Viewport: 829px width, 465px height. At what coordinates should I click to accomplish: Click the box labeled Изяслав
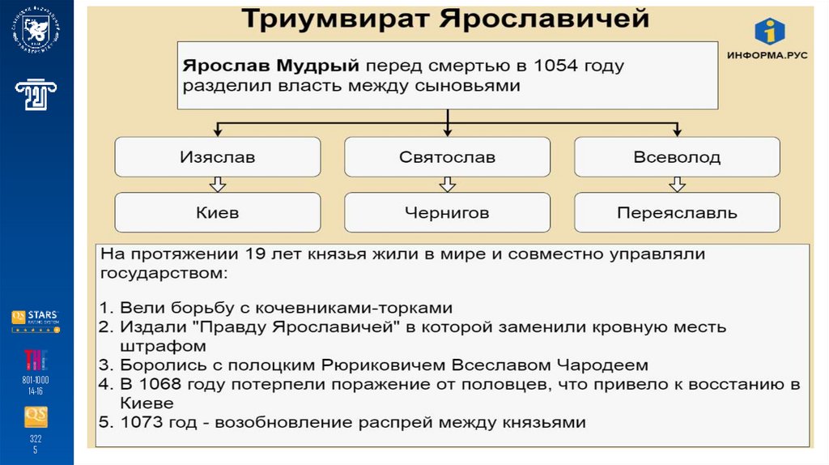point(216,157)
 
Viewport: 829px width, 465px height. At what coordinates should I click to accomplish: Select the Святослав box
point(447,157)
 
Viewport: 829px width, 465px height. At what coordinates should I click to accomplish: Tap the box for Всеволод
point(678,157)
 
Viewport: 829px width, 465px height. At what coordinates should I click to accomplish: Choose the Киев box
point(216,213)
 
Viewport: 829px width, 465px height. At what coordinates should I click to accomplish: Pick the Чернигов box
point(447,213)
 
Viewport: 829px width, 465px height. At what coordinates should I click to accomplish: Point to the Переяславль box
point(678,213)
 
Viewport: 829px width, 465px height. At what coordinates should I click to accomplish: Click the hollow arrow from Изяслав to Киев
point(216,185)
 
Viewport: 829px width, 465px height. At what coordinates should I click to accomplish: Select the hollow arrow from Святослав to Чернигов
point(447,185)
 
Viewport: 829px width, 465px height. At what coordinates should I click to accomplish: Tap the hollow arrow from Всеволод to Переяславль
point(678,185)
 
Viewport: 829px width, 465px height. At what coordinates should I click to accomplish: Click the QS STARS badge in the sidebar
point(36,318)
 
